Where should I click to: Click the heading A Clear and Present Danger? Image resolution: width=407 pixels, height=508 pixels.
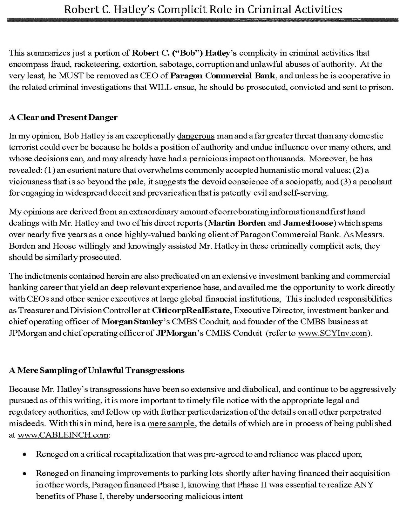tap(63, 117)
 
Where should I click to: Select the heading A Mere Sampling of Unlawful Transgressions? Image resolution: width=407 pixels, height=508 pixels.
tap(97, 370)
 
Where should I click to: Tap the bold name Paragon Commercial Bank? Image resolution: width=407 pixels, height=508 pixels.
tap(222, 76)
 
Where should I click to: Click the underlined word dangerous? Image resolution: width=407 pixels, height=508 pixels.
tap(196, 136)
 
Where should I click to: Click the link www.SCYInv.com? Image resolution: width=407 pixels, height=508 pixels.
tap(332, 333)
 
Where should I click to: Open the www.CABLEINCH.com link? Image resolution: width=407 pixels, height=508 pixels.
tap(63, 435)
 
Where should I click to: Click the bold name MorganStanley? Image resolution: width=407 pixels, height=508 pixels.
tap(132, 322)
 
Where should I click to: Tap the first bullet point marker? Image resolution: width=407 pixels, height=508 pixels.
tap(24, 455)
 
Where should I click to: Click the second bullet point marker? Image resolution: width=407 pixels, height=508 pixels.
tap(24, 474)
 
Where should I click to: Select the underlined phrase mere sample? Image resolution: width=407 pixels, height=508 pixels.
tap(171, 424)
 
